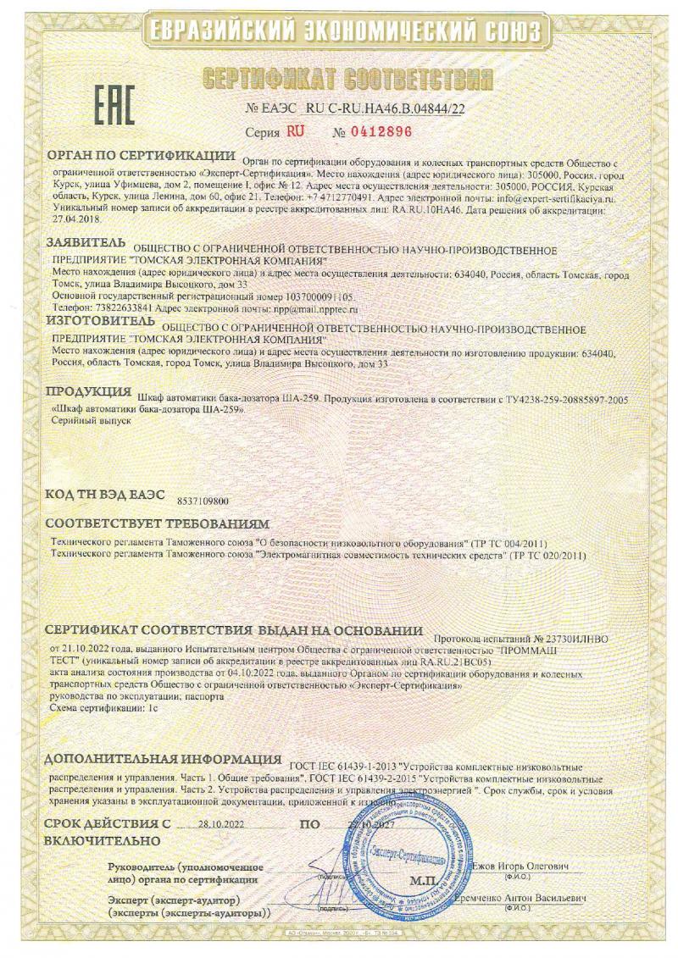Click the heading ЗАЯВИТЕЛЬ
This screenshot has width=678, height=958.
85,243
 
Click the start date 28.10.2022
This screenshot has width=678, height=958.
218,823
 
